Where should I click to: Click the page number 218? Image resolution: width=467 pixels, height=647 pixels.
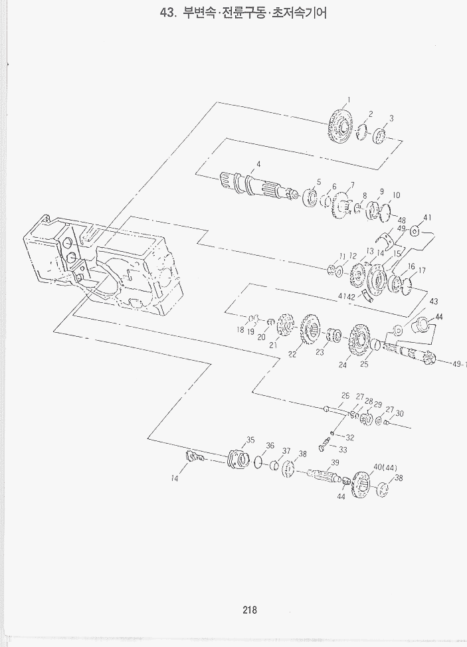coord(250,609)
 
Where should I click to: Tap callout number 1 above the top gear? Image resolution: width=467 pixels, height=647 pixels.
coord(349,100)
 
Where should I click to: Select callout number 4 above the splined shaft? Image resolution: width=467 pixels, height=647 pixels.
coord(258,164)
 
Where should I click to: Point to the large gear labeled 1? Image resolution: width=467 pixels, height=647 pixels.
coord(341,124)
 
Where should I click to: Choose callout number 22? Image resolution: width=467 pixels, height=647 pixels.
coord(292,354)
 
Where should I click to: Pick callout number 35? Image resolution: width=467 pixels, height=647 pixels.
coord(250,440)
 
